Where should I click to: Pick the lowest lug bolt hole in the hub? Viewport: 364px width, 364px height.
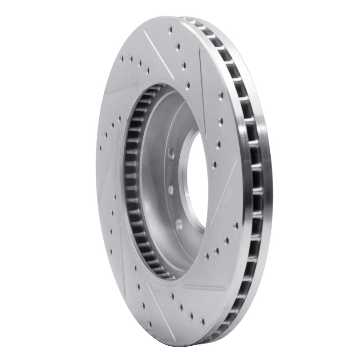click(179, 222)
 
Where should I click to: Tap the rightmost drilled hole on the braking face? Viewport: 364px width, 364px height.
click(235, 225)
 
